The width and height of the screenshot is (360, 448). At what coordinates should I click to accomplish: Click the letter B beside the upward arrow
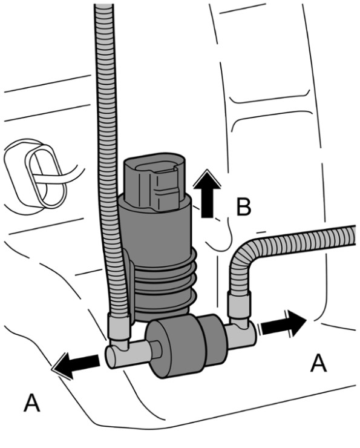click(x=244, y=206)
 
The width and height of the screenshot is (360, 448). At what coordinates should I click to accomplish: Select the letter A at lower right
click(x=318, y=362)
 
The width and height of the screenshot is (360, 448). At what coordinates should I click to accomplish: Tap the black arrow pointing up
click(x=207, y=194)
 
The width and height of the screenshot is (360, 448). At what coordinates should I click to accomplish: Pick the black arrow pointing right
click(x=283, y=323)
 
